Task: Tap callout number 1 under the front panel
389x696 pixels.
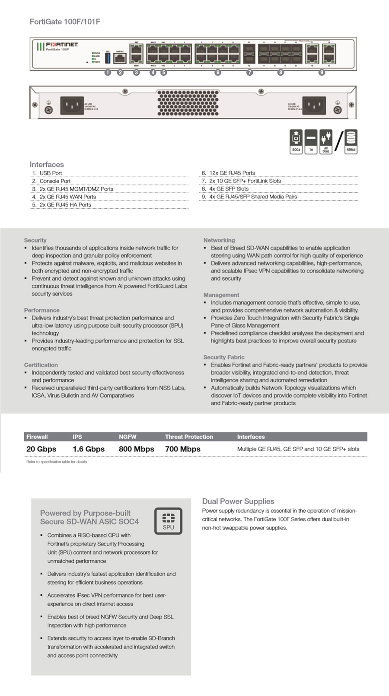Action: [x=108, y=72]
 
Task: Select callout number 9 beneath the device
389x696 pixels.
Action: [x=322, y=72]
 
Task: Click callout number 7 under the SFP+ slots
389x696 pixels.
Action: [x=249, y=72]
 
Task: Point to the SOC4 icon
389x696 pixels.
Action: [x=296, y=141]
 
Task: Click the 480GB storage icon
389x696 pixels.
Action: [x=351, y=141]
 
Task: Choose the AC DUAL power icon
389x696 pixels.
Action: [x=325, y=141]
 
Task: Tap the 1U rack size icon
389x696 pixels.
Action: [x=311, y=141]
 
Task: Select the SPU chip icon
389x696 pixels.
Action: [x=168, y=520]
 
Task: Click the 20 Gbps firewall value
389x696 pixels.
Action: [x=41, y=449]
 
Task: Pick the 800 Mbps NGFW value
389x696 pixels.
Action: [x=136, y=449]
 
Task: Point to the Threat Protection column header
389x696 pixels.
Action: [x=189, y=437]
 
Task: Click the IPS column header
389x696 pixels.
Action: [x=77, y=437]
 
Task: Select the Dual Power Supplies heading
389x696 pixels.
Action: [x=238, y=501]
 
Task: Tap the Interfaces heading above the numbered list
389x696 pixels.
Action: [x=47, y=164]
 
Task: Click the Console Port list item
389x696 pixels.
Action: [x=55, y=181]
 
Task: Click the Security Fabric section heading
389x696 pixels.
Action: [x=224, y=357]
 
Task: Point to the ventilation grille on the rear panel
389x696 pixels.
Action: [x=188, y=103]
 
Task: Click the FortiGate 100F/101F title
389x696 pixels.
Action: [x=65, y=22]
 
